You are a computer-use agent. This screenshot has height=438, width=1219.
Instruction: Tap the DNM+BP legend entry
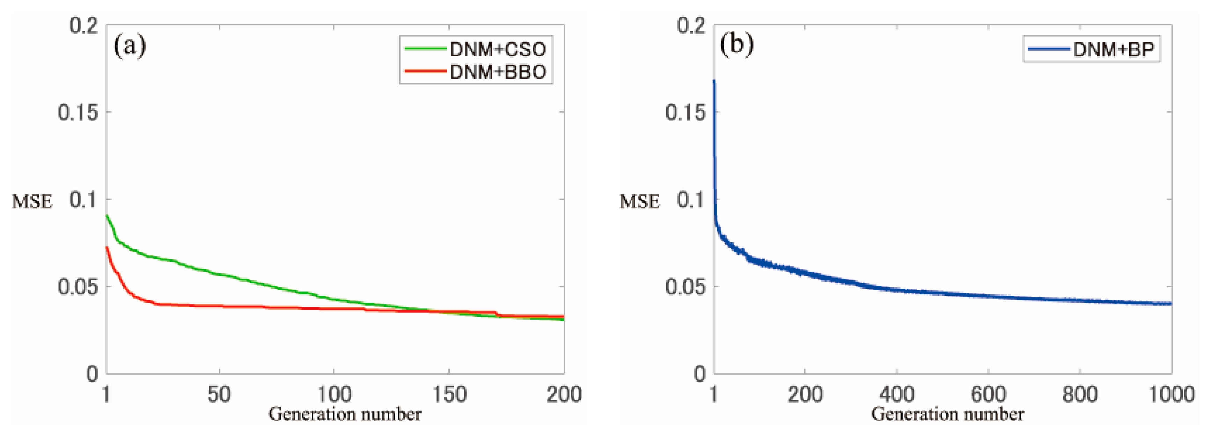click(x=1091, y=49)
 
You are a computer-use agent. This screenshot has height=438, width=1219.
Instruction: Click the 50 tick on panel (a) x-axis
click(x=219, y=394)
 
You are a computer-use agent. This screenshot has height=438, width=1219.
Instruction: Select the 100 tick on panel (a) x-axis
click(x=334, y=394)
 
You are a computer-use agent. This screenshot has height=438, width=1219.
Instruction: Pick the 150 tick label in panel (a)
click(x=449, y=394)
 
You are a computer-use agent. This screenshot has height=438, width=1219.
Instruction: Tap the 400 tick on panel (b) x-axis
click(x=897, y=394)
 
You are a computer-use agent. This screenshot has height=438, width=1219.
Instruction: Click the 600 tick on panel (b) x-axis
click(x=989, y=394)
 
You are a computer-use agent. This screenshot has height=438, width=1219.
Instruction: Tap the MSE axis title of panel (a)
click(x=32, y=202)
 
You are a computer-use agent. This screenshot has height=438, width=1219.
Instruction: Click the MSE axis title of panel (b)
click(x=639, y=202)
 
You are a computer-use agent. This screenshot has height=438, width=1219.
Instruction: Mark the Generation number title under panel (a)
click(x=345, y=414)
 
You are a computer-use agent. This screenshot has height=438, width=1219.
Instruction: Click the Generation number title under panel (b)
click(x=947, y=414)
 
